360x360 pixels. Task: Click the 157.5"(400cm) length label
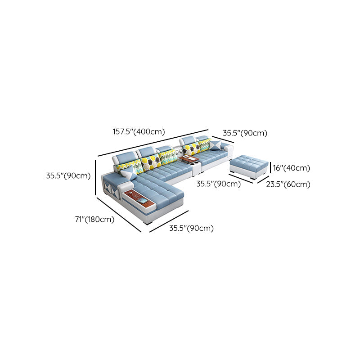click(x=139, y=132)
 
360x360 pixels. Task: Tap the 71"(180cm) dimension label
click(x=94, y=220)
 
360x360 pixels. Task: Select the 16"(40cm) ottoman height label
click(x=291, y=168)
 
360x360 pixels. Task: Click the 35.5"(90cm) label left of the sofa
click(x=68, y=176)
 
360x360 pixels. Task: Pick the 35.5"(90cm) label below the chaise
click(x=191, y=228)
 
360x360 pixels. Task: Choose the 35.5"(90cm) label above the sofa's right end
click(x=245, y=133)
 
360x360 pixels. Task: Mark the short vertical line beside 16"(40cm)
click(x=270, y=168)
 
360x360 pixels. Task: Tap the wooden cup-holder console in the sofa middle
click(x=189, y=159)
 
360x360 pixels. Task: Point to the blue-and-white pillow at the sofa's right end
click(x=215, y=145)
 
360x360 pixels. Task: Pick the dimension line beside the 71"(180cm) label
click(x=119, y=215)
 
